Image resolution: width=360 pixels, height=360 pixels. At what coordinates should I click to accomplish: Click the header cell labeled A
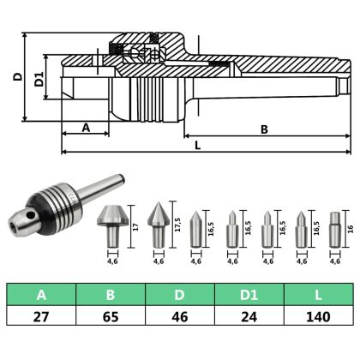tap(41, 296)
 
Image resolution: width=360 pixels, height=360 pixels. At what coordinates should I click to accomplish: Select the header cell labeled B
tap(111, 296)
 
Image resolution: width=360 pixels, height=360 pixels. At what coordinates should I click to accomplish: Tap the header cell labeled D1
tap(249, 296)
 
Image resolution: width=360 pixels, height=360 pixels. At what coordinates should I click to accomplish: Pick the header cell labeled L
tap(318, 296)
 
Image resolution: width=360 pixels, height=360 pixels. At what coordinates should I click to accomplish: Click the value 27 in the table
tap(41, 317)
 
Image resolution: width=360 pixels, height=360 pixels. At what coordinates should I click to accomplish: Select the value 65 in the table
tap(111, 317)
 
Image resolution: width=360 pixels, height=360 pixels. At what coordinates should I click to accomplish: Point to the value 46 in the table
tap(180, 317)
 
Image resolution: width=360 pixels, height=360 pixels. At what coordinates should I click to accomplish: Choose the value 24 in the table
tap(249, 317)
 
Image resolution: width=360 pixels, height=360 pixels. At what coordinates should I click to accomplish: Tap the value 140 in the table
tap(318, 317)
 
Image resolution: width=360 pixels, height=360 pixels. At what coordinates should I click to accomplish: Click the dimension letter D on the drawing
tap(16, 76)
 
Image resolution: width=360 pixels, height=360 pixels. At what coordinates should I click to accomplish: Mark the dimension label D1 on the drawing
tap(36, 81)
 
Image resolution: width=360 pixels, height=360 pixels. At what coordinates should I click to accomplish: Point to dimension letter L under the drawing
tap(197, 146)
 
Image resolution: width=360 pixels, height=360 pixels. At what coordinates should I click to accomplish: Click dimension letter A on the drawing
tap(85, 127)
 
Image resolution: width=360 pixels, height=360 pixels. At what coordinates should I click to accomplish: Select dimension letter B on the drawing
tap(264, 129)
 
